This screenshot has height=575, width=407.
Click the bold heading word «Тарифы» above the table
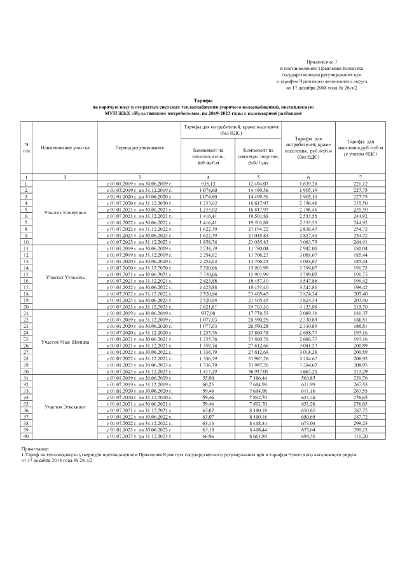tap(203, 101)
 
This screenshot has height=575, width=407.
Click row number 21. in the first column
tap(26, 313)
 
